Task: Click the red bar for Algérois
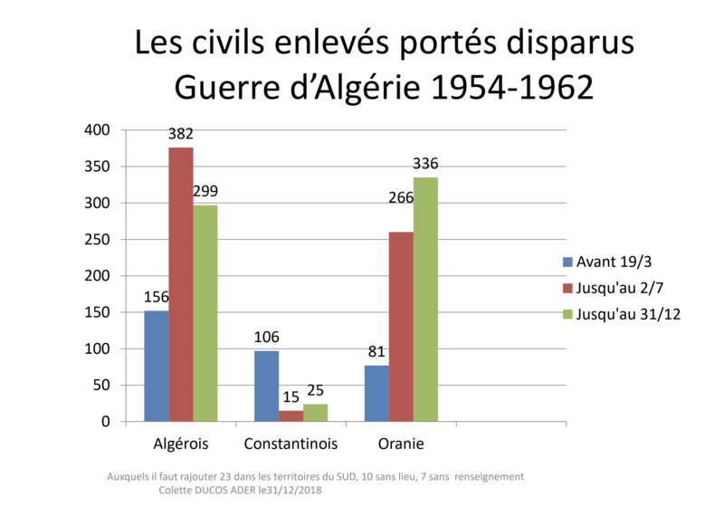(180, 284)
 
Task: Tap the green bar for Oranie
(425, 299)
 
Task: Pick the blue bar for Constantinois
(266, 386)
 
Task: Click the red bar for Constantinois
(291, 415)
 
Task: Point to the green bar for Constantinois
(315, 412)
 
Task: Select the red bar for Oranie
(401, 327)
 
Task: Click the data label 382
(180, 135)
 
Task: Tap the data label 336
(425, 164)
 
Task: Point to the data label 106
(266, 337)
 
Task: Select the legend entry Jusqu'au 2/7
(618, 288)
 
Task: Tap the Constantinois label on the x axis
(291, 444)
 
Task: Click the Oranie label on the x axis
(401, 444)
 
